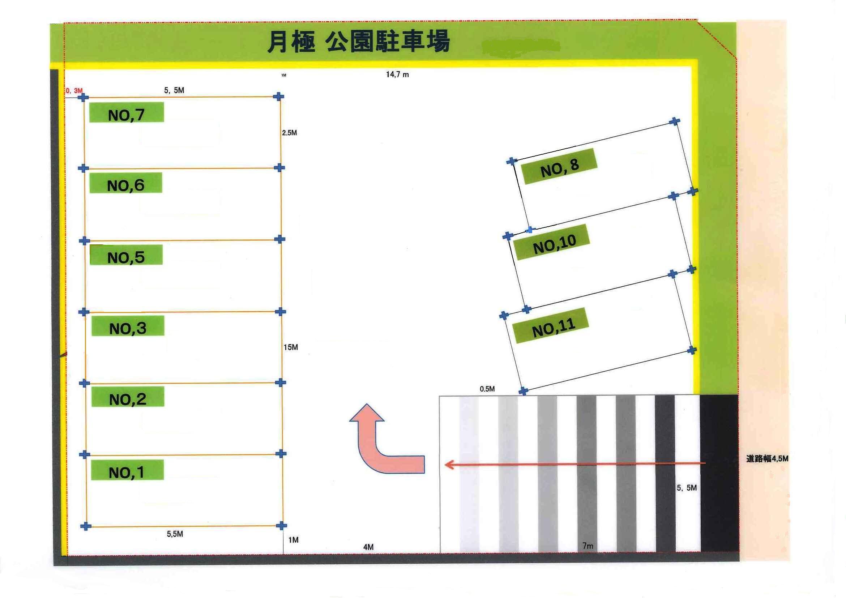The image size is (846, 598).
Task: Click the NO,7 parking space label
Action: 127,112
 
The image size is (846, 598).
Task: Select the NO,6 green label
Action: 126,183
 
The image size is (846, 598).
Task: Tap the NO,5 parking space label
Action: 126,255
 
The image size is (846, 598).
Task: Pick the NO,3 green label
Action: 128,326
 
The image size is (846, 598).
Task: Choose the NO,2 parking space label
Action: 128,397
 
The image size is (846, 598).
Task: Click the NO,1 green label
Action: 127,470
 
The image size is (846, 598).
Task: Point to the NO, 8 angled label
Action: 559,166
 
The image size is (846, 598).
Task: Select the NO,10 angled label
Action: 553,242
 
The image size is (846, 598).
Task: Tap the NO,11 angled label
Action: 551,325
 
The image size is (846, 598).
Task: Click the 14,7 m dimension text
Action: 397,74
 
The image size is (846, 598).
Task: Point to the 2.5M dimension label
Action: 289,133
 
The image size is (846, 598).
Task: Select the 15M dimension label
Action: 291,347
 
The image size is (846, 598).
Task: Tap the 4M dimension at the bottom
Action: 368,547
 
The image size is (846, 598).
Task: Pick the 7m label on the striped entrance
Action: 588,546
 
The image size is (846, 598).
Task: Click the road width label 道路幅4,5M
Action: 768,459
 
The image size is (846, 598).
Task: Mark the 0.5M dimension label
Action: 487,389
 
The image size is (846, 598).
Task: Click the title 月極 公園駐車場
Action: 358,41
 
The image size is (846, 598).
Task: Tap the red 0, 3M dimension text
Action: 74,91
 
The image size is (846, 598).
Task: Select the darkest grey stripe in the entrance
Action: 719,473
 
